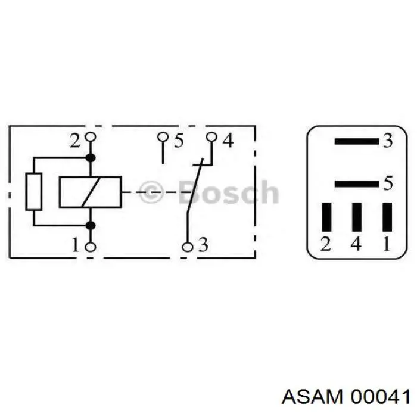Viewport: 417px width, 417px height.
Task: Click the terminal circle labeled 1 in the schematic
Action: click(91, 246)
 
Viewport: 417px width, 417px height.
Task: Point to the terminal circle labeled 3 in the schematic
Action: click(186, 246)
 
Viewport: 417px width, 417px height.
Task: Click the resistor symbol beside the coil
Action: click(34, 191)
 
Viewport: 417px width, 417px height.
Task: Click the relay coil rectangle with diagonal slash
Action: click(90, 192)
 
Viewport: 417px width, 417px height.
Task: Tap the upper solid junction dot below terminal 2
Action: click(91, 158)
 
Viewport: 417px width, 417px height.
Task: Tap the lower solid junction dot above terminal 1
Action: click(91, 225)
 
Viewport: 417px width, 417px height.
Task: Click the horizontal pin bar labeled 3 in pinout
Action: click(356, 142)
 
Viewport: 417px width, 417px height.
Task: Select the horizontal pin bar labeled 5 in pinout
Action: click(356, 184)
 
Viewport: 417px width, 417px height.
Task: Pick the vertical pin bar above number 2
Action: click(326, 217)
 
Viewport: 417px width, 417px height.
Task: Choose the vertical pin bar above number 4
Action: click(356, 217)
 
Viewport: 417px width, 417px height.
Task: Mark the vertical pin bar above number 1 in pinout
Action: click(387, 217)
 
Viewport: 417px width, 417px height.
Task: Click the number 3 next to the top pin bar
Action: click(388, 142)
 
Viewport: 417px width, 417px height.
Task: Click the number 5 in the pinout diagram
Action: click(388, 184)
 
